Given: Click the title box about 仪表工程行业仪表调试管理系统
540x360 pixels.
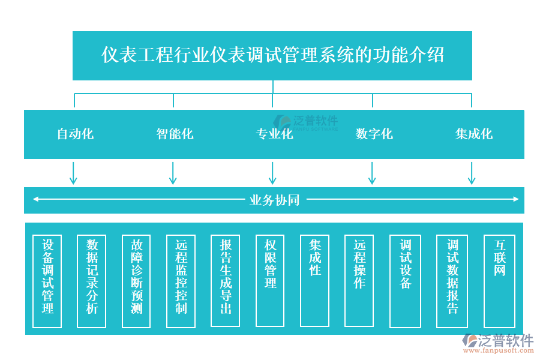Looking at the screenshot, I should [x=272, y=55].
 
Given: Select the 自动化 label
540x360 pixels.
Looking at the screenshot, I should [x=75, y=134].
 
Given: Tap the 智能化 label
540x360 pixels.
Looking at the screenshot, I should [x=175, y=134].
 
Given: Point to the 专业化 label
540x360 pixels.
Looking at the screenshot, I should [x=274, y=134].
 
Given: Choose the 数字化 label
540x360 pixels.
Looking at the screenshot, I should [x=374, y=134].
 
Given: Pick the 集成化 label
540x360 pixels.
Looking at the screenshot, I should [x=473, y=134].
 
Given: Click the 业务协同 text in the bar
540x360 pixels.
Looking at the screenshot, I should [x=274, y=200].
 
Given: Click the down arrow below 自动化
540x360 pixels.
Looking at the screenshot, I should [x=73, y=173].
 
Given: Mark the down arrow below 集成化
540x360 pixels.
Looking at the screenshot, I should [x=472, y=173].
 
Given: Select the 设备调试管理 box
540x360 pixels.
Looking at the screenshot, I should [x=47, y=281].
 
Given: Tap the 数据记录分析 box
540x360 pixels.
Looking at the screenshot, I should [x=92, y=281].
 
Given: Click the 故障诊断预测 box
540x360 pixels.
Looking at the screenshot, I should [x=136, y=281].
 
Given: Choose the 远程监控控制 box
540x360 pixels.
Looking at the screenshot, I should [x=181, y=281].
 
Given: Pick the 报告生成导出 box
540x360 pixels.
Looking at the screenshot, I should [x=226, y=281].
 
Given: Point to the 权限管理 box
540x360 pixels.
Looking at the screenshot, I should [x=270, y=280].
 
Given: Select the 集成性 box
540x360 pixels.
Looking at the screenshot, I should [x=314, y=280].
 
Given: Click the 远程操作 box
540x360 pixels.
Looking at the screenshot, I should [x=359, y=280].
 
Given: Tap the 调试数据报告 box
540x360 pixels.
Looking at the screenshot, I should [x=452, y=281].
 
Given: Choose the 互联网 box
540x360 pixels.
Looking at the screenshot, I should [x=499, y=280].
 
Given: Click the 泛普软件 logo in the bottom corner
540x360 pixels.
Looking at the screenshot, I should [x=497, y=343].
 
